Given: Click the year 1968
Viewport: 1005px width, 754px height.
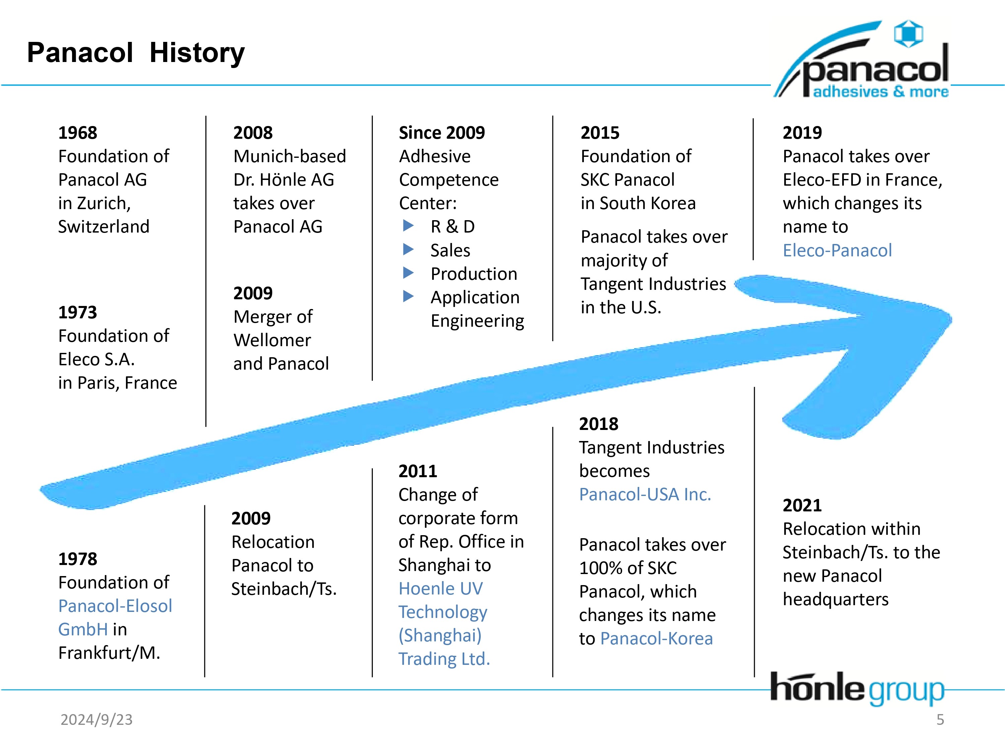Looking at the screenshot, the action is (x=78, y=133).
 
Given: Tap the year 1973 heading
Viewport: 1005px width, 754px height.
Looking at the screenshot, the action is (x=78, y=312).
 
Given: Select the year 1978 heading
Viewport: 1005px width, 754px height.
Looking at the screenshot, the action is (x=78, y=559).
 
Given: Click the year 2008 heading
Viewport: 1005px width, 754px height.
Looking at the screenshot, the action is (x=253, y=133).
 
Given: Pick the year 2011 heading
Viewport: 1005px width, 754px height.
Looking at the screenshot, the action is (x=417, y=471).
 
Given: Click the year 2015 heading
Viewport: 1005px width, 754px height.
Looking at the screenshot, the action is (x=600, y=133).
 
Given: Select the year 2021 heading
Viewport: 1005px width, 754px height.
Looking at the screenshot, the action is (x=802, y=505).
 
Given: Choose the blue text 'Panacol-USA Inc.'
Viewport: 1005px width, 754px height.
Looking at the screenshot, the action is (x=645, y=495).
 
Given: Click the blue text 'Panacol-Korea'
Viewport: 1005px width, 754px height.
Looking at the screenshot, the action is (x=657, y=639).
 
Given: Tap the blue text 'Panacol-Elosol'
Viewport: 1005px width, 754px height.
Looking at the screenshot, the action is (x=115, y=606).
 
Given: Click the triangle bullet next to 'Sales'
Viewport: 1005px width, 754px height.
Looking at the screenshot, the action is (x=408, y=249).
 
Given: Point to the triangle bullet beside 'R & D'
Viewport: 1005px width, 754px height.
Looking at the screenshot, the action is (x=408, y=226).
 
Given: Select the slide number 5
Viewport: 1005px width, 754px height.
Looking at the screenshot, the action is (x=940, y=719).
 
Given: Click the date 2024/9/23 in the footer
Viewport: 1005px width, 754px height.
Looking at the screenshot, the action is (x=97, y=719).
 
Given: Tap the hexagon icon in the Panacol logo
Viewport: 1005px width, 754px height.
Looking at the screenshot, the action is (x=909, y=33).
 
